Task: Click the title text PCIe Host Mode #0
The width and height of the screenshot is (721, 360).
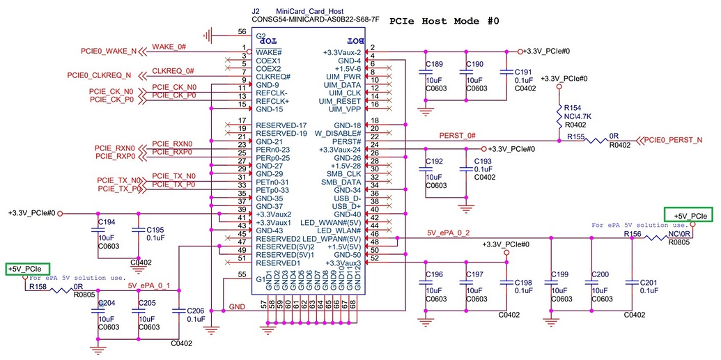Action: coord(444,21)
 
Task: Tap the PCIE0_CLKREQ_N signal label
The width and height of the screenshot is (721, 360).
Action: coord(99,75)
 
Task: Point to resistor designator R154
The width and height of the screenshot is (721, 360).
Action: coord(572,108)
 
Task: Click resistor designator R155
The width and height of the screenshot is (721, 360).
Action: coord(575,137)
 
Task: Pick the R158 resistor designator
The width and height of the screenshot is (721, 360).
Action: coord(37,285)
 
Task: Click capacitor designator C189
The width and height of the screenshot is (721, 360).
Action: coord(434,64)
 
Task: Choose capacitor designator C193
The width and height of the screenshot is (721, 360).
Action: coord(483,161)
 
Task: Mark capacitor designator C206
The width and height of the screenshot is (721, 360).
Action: coord(196,311)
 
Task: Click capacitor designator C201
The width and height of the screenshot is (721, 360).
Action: coord(649,282)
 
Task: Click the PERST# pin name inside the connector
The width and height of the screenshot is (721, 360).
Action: coord(348,141)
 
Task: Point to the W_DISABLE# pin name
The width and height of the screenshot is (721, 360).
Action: coord(337,133)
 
